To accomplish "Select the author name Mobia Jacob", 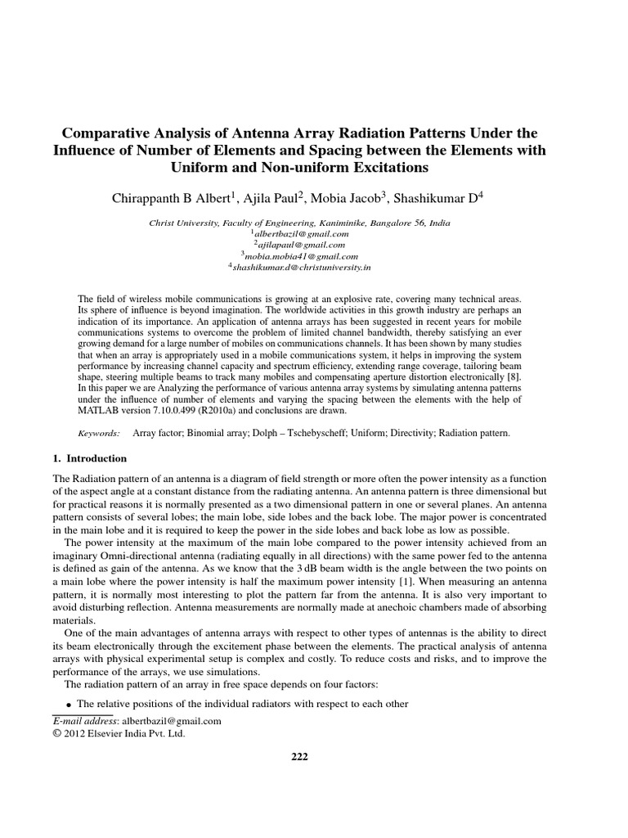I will [x=350, y=198].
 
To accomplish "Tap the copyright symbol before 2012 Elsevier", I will [x=56, y=734].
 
